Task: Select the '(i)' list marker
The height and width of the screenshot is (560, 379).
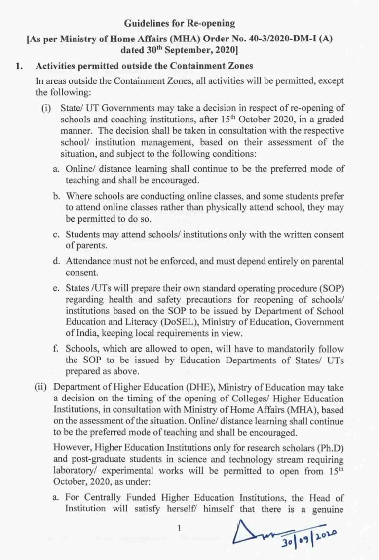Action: click(47, 107)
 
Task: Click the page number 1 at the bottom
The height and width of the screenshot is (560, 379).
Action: click(179, 528)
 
